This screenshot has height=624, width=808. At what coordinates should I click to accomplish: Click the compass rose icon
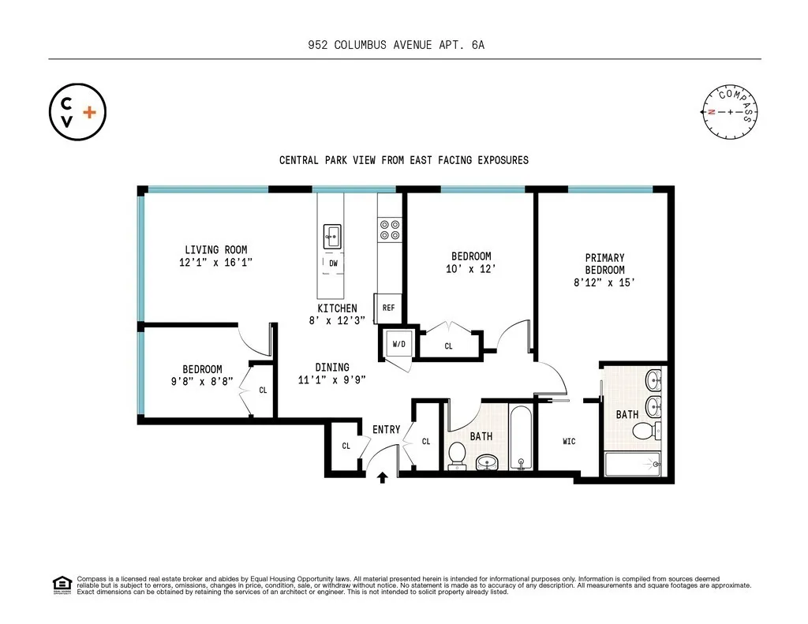coord(731,112)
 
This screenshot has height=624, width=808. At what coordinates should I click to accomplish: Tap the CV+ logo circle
coord(77,113)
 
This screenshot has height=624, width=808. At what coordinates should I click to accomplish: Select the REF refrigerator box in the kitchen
coord(388,308)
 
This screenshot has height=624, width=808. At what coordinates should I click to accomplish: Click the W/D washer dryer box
coord(398,345)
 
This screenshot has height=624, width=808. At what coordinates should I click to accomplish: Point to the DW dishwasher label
coord(333,263)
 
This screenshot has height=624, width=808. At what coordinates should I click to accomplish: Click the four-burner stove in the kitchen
coord(388,230)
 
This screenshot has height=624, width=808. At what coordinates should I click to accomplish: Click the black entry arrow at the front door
coord(383,477)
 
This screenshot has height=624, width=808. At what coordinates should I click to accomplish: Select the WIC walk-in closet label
coord(569,441)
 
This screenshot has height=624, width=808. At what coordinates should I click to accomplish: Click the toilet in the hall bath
coord(458,455)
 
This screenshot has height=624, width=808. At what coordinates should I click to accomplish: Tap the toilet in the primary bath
coord(645,431)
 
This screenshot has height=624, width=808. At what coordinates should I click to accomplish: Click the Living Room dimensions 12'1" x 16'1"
coord(215,263)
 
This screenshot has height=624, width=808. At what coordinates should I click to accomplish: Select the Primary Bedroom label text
coord(604,263)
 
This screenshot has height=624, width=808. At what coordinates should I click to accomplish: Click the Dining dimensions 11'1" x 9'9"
coord(332,379)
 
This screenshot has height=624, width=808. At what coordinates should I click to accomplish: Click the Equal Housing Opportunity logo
coord(61,585)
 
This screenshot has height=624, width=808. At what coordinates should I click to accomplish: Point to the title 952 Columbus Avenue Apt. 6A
coord(396,45)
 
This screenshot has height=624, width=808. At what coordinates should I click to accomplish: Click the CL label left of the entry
coord(346,446)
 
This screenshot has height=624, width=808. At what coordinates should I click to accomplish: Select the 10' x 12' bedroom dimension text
coord(471,269)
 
